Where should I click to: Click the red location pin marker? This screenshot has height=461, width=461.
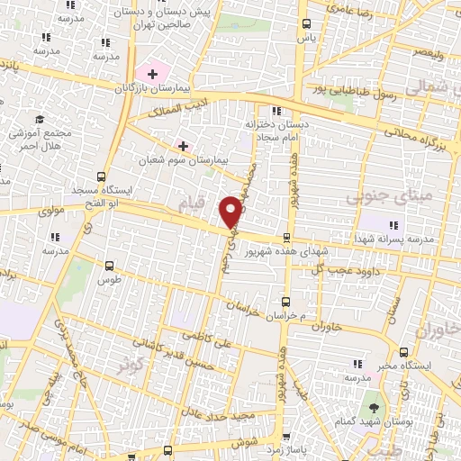coord(230,212)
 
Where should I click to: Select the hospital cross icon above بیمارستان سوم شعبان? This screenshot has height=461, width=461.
coord(184,145)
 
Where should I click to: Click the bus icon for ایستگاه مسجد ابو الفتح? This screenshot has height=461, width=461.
coord(100,177)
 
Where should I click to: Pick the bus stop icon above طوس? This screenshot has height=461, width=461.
coord(110,266)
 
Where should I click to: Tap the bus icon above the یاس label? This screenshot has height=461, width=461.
coord(308,24)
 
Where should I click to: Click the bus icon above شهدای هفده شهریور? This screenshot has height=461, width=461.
coord(286,239)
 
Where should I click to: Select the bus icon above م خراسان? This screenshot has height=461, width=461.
coord(286,302)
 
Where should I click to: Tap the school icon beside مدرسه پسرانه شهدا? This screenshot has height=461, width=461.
coord(393,225)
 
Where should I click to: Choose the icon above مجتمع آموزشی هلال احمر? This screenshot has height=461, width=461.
coord(40,119)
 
